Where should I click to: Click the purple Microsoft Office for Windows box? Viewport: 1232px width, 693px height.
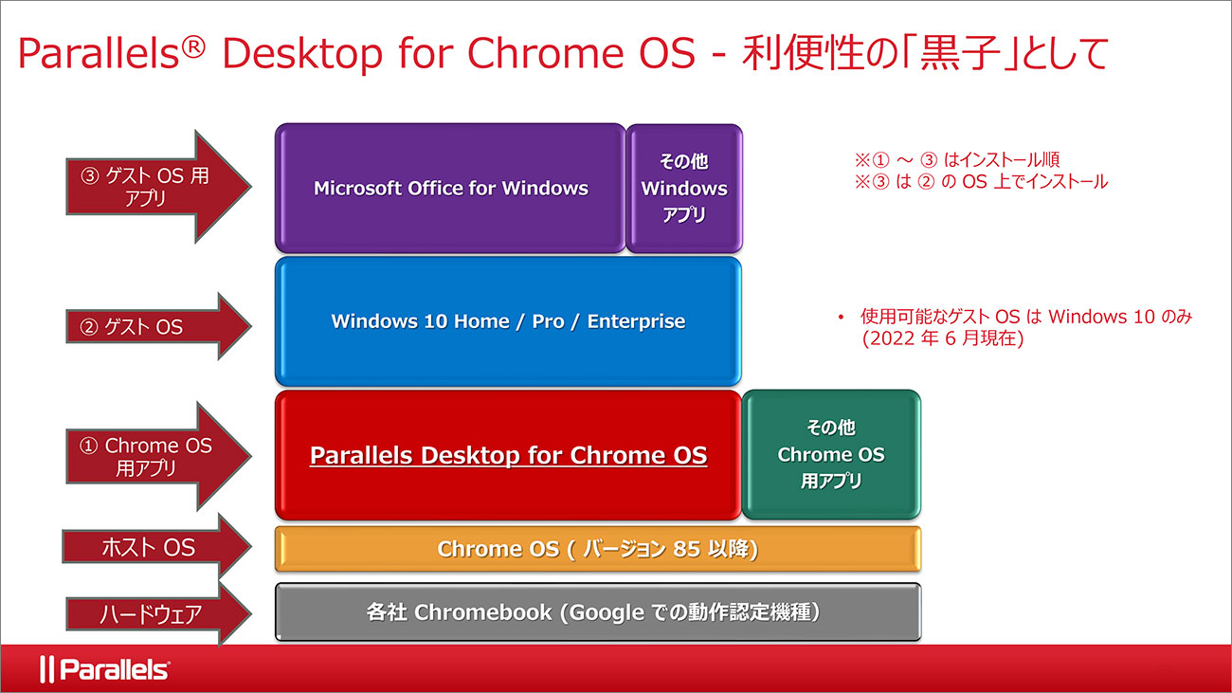coord(450,188)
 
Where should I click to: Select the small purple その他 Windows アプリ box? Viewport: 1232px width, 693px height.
coord(684,188)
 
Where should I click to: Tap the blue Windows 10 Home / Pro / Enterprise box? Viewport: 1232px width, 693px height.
coord(508,321)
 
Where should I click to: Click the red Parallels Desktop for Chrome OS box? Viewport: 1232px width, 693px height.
coord(508,455)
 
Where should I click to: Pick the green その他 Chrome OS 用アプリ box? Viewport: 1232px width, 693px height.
coord(831,455)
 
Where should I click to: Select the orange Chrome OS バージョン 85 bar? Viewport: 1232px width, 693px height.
coord(598,549)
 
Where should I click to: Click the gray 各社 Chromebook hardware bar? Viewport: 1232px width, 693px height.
coord(598,612)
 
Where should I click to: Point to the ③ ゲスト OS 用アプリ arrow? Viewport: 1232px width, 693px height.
coord(158,187)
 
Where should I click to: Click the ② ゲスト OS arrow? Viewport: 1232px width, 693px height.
coord(158,327)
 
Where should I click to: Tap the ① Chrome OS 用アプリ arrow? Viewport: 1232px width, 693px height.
coord(158,456)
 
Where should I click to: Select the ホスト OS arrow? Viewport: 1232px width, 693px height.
coord(156,547)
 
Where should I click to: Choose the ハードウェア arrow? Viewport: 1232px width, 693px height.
coord(158,613)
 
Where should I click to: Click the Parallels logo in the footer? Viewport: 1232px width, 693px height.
coord(104,669)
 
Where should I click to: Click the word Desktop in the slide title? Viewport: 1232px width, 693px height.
coord(302,53)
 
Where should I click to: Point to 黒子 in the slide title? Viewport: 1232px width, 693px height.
coord(959,53)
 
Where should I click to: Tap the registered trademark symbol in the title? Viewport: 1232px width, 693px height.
coord(193,47)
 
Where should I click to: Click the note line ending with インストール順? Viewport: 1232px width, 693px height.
coord(956,159)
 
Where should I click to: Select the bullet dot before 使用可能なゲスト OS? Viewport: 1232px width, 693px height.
coord(841,317)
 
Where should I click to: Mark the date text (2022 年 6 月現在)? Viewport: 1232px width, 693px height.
coord(943,338)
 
